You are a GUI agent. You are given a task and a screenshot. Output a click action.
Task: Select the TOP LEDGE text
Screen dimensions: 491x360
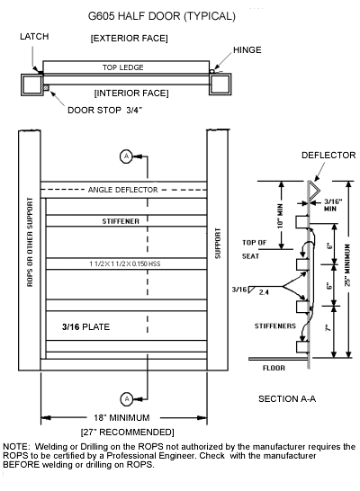(x=123, y=67)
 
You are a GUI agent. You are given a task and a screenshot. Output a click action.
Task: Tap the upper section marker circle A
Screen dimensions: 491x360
(x=126, y=156)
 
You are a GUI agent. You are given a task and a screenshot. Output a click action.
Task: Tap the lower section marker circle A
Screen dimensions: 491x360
(x=126, y=397)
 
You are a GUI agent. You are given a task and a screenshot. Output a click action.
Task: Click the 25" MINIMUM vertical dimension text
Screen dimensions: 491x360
(x=347, y=270)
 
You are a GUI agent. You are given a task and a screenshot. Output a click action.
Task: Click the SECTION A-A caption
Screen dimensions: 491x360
(x=287, y=397)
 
